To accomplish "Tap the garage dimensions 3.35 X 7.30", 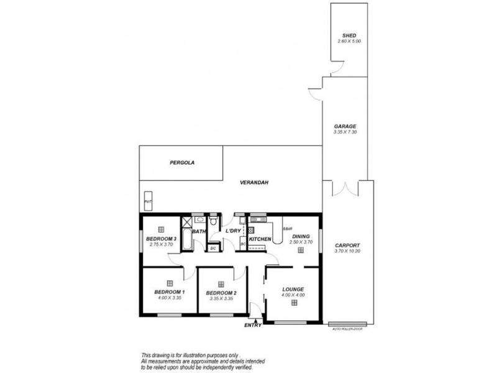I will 344,132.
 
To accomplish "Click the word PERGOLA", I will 183,163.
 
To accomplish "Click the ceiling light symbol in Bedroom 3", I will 161,228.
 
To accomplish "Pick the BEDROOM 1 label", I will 170,292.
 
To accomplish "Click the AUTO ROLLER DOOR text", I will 348,328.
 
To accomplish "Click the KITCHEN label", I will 260,239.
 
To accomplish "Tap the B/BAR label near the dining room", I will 287,229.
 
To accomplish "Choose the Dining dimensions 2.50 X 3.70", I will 300,242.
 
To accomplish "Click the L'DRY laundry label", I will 233,231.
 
